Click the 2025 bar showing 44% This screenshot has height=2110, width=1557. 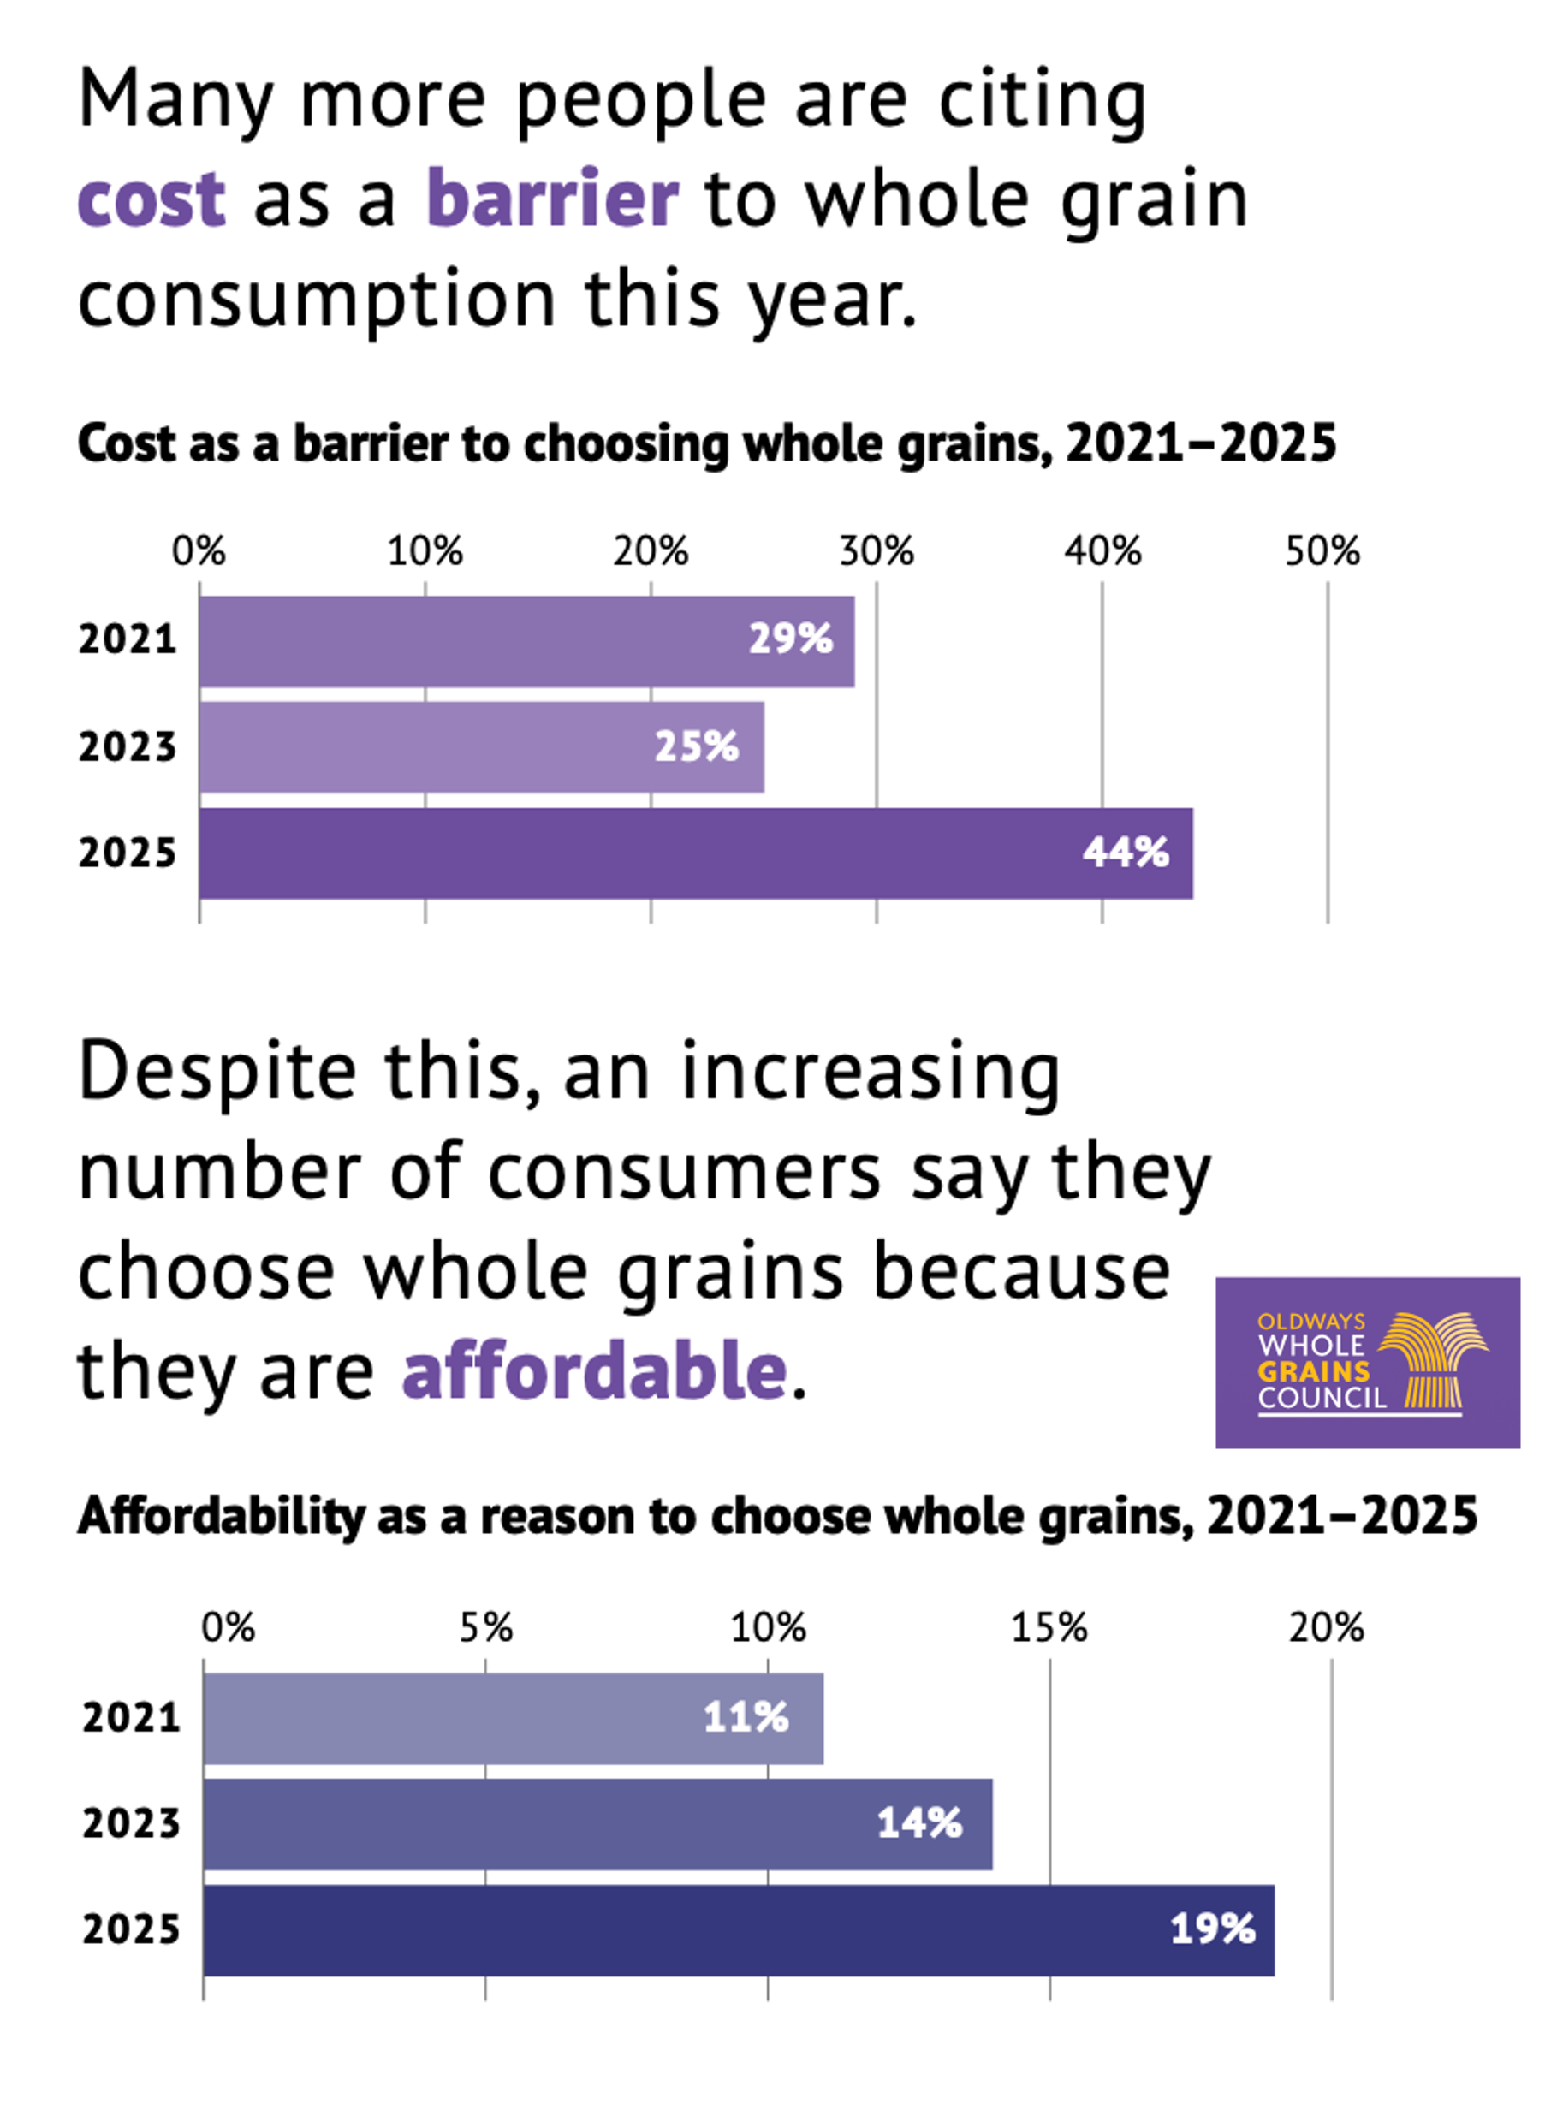[696, 853]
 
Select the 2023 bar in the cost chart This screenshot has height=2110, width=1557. [481, 746]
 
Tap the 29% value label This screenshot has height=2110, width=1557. [790, 639]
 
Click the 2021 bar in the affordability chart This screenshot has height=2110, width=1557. [513, 1718]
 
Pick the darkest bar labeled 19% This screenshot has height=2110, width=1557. [738, 1929]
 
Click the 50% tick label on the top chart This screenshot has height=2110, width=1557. [1322, 551]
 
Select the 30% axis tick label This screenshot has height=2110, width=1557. [877, 551]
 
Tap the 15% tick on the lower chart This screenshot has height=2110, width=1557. [1049, 1627]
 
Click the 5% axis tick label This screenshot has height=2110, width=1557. [486, 1627]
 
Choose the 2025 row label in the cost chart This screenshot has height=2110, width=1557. [128, 853]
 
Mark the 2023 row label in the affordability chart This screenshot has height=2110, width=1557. [131, 1823]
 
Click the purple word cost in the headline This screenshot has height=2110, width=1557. [152, 199]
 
